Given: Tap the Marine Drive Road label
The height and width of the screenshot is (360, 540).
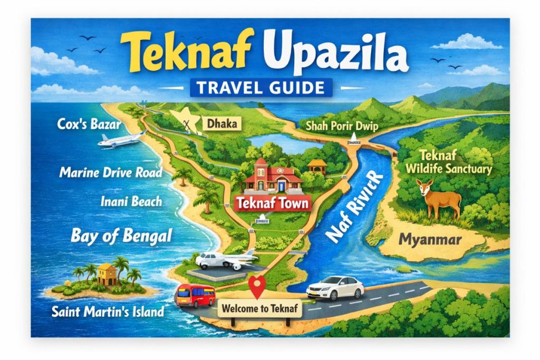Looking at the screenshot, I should [x=110, y=172].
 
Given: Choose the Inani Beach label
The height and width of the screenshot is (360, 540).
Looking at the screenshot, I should [x=131, y=201].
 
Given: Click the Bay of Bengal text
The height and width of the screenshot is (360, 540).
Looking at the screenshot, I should [x=121, y=235].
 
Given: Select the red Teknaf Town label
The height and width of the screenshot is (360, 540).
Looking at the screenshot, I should [x=272, y=203].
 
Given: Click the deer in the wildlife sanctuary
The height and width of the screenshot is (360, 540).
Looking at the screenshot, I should [x=436, y=198].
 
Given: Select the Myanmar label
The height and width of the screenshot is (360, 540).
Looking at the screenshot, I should [x=430, y=239].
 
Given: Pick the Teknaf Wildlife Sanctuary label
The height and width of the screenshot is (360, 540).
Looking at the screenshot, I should [x=455, y=162].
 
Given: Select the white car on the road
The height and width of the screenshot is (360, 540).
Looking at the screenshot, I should [x=335, y=288].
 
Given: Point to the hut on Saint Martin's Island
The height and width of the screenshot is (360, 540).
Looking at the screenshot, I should [x=107, y=274].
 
